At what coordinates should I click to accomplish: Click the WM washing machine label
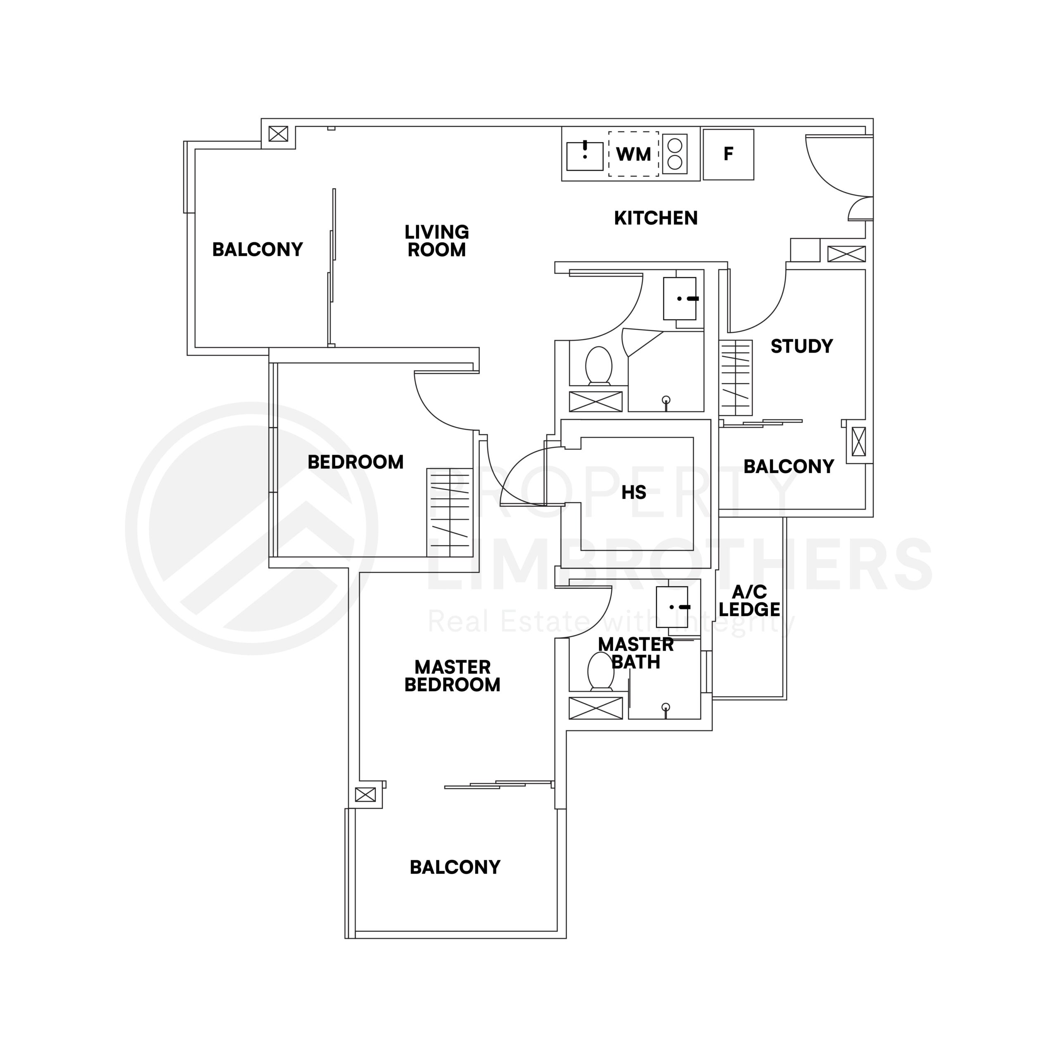tap(633, 154)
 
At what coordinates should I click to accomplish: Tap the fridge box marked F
tap(728, 154)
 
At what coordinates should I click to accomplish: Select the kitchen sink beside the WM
tap(584, 156)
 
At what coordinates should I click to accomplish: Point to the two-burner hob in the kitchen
tap(675, 154)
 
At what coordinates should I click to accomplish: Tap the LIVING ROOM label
tap(436, 241)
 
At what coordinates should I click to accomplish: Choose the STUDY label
tap(801, 346)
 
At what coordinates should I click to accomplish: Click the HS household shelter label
tap(633, 493)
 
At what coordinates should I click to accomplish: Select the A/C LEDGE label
tap(749, 600)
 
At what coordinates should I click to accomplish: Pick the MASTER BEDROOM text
tap(453, 675)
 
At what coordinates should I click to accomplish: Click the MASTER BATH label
tap(636, 653)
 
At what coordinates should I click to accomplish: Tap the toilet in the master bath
tap(600, 672)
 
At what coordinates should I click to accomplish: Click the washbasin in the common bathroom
tap(680, 299)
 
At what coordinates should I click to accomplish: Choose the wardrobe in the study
tap(736, 377)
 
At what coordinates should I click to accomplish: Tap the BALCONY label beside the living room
tap(257, 249)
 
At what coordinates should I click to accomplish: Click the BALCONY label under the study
tap(788, 466)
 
